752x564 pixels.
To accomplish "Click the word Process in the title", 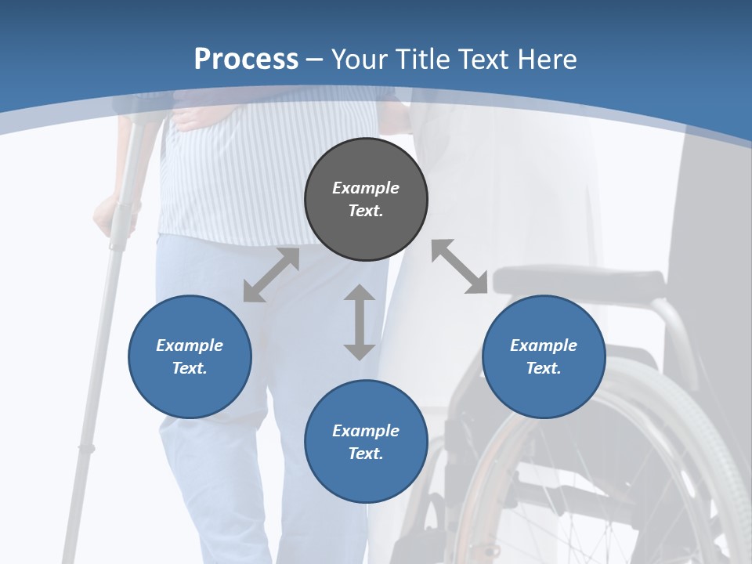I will coord(246,60).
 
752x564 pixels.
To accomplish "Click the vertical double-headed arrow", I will coord(360,322).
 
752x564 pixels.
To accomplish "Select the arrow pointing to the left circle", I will coord(271,275).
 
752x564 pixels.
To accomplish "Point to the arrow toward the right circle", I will coord(459,266).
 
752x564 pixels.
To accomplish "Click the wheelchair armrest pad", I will coord(580,280).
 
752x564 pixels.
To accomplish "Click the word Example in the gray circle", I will coord(366,188).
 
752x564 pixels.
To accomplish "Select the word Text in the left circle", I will coord(190,368).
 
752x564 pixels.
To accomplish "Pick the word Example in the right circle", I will coord(544,345).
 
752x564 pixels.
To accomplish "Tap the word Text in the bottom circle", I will coord(366,454).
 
